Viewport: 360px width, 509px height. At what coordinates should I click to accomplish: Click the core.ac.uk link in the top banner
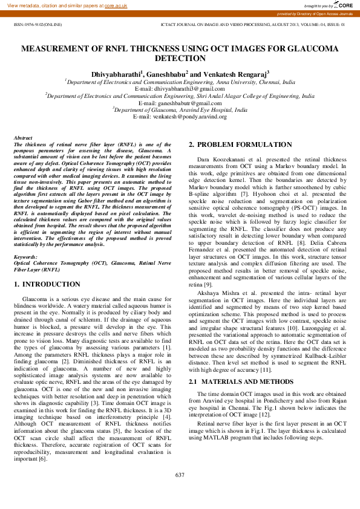tap(116, 5)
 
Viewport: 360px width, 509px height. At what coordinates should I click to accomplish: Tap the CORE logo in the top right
tap(345, 5)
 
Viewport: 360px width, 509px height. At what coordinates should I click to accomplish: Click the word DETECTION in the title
tap(180, 59)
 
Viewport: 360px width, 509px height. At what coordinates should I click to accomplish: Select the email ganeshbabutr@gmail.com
tap(180, 103)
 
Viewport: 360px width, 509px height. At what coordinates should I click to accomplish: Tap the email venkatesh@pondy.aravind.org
tap(180, 117)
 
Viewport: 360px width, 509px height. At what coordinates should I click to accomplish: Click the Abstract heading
tap(23, 138)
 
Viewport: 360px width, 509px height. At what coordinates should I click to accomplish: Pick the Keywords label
tap(25, 257)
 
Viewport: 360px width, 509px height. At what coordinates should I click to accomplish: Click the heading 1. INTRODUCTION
tap(47, 284)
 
